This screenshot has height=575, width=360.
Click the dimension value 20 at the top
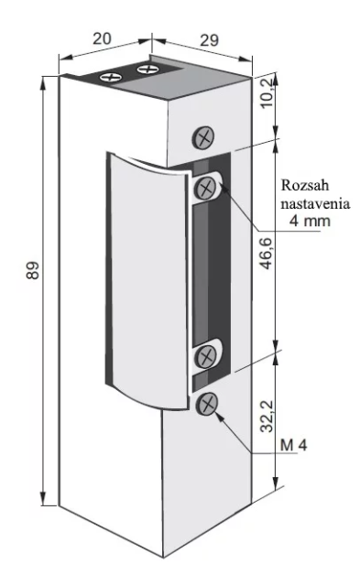[x=102, y=38]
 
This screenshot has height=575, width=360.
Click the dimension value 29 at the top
[x=209, y=40]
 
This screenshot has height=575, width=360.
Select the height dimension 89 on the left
[x=33, y=270]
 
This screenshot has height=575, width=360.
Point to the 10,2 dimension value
[x=267, y=92]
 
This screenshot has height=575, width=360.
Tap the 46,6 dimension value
[x=267, y=253]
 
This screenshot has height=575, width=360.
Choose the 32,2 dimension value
[x=267, y=417]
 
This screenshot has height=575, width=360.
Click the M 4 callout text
[x=293, y=445]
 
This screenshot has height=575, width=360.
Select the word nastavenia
[x=315, y=203]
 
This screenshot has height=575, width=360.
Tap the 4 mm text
[x=310, y=221]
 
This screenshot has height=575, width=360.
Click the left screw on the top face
[x=111, y=77]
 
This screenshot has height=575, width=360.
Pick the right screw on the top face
[x=147, y=69]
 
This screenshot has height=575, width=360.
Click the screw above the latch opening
[x=203, y=137]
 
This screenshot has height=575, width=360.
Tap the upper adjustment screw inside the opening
[x=206, y=188]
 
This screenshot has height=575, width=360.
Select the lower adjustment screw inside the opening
[x=206, y=355]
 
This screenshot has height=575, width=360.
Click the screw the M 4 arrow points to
[x=207, y=404]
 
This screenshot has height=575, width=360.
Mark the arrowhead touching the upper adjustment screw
[x=224, y=188]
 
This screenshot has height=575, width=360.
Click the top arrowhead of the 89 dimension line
[x=43, y=82]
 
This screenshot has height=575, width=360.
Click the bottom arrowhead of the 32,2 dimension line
[x=276, y=483]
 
